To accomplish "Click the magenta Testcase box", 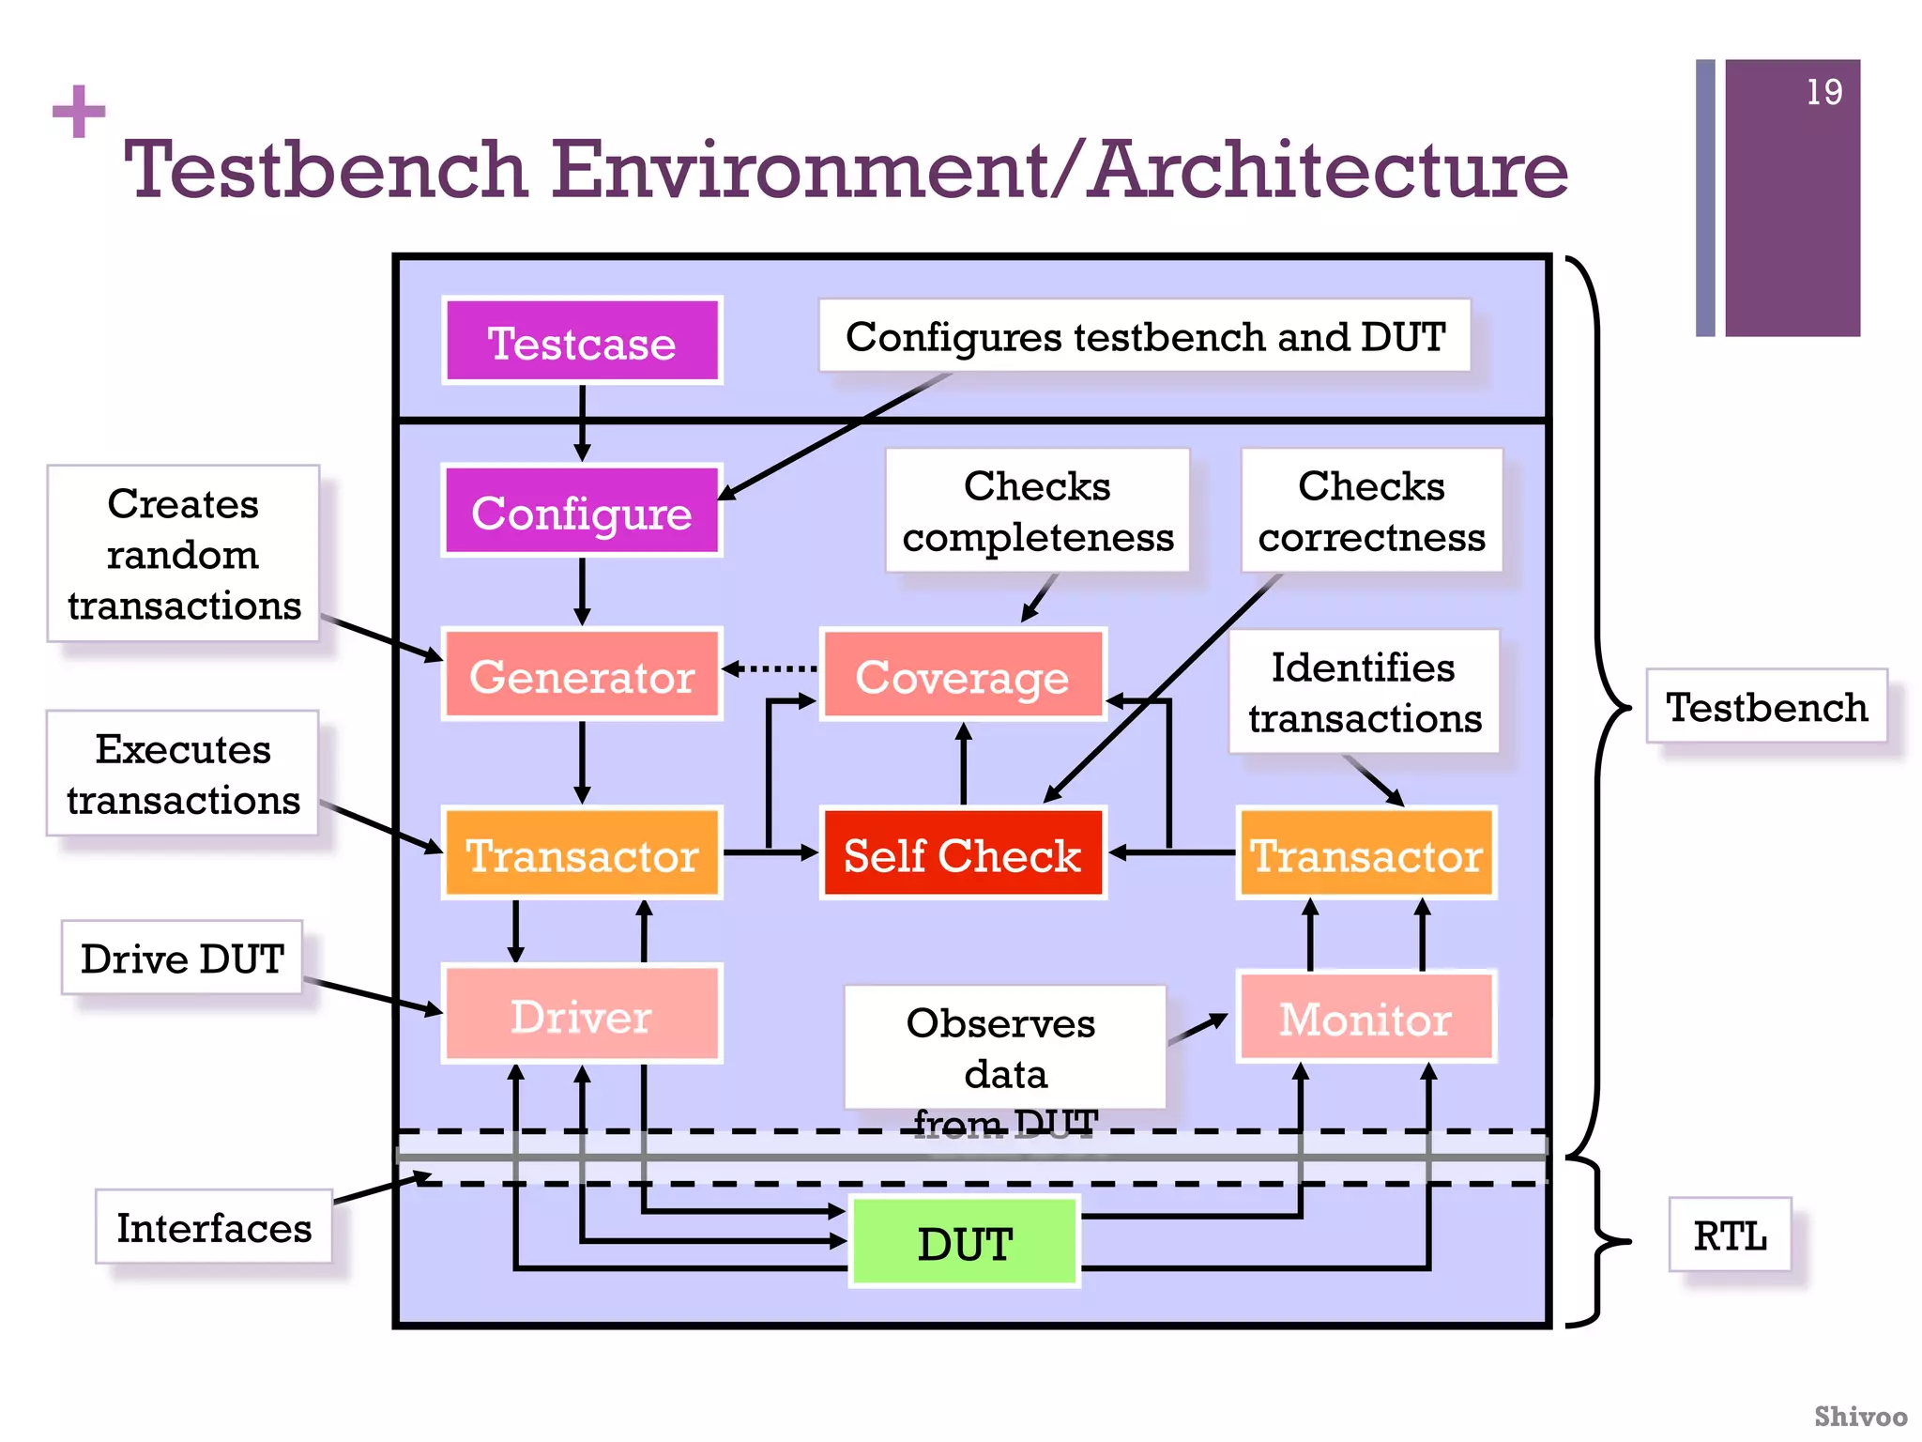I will click(582, 342).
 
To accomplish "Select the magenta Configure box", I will click(582, 512).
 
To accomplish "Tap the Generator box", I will click(582, 675).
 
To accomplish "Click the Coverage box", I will click(963, 675).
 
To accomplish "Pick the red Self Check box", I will click(963, 853).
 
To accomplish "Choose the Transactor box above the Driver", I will click(582, 853).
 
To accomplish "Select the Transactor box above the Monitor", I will click(1365, 853).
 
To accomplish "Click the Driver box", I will click(582, 1015).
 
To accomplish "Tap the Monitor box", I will click(1365, 1018).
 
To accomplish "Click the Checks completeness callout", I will click(1038, 511).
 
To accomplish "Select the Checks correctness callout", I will click(1371, 511).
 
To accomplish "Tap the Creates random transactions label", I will click(184, 554).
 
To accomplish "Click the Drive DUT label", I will click(182, 959).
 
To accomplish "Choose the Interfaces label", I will click(214, 1227).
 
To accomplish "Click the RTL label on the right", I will click(1730, 1235).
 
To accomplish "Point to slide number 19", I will click(1823, 92).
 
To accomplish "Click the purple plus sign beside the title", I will click(79, 112).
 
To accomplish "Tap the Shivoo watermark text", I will click(1860, 1416).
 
